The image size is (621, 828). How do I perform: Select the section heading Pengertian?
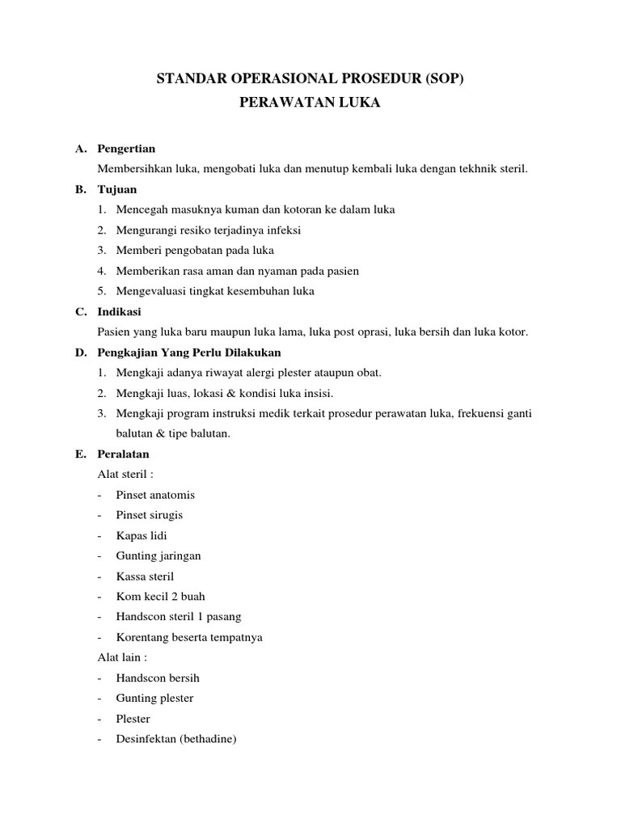tap(126, 149)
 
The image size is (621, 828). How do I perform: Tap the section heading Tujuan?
tap(117, 189)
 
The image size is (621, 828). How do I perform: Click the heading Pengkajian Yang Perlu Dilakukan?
tap(189, 353)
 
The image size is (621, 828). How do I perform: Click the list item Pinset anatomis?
tap(155, 495)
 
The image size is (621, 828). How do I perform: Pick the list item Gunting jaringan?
tap(158, 556)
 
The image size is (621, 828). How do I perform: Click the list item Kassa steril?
tap(145, 577)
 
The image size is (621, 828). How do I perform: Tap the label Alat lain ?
tap(122, 657)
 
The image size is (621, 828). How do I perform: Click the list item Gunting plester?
tap(154, 698)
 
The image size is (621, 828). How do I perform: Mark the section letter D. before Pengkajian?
tap(81, 353)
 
